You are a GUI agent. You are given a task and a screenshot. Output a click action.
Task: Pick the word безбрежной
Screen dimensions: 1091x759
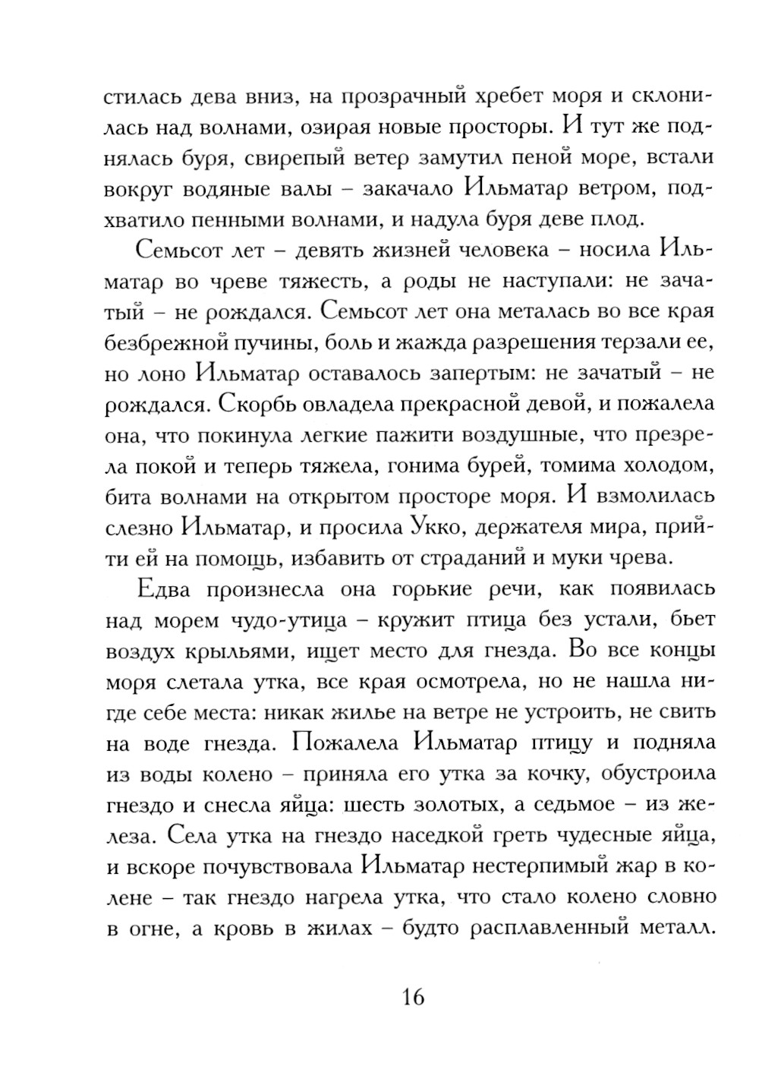[191, 342]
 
